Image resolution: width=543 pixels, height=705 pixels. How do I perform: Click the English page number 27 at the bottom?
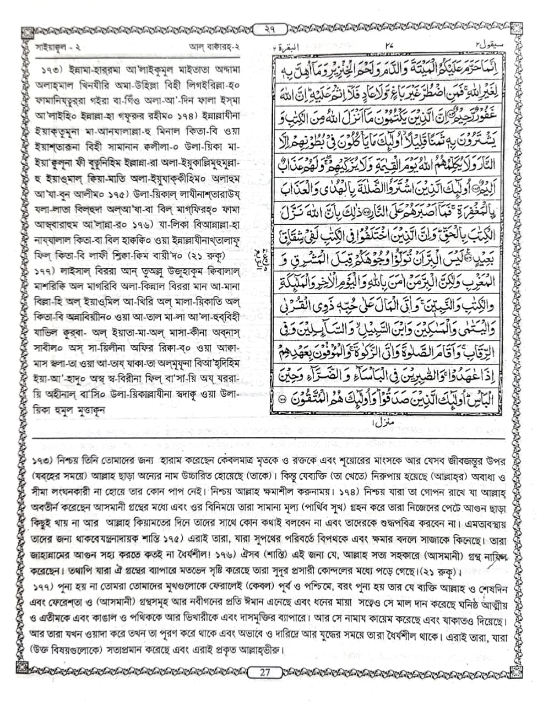click(265, 672)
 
